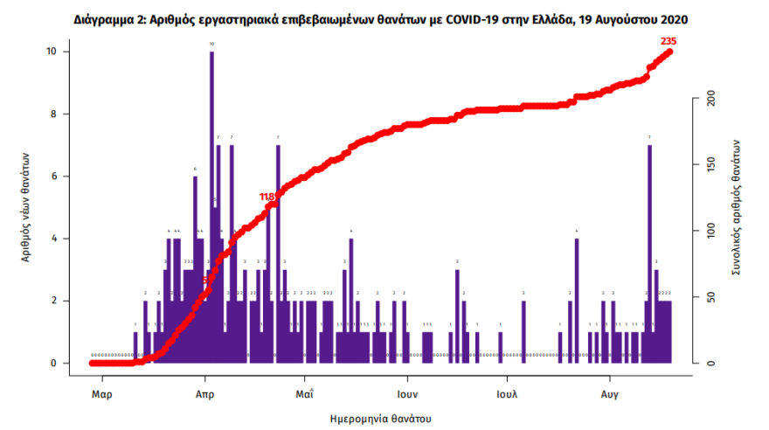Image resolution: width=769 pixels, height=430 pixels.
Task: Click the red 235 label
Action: (670, 41)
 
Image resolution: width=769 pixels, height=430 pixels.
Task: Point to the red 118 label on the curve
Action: (268, 198)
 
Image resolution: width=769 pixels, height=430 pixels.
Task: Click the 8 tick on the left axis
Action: (54, 114)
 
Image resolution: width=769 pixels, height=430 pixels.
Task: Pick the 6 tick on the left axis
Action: (54, 176)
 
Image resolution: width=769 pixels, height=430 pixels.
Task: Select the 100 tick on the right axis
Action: (710, 231)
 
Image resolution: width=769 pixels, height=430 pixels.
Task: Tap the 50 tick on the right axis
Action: (710, 297)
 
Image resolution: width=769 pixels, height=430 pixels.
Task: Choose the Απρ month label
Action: (204, 393)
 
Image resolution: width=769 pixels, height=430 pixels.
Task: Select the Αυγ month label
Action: (610, 393)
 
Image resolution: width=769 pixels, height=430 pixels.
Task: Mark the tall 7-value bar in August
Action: (649, 253)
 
